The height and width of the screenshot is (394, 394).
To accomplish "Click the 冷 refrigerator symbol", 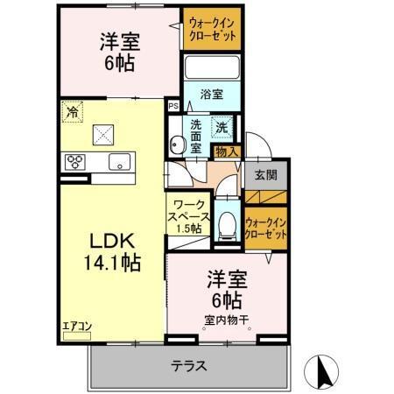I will click(73, 112).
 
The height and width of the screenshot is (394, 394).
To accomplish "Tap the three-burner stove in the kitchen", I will click(75, 161).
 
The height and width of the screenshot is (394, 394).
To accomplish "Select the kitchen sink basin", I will click(119, 161).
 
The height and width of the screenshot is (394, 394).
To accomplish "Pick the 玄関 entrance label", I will click(265, 174).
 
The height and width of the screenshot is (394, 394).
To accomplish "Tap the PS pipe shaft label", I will click(173, 105).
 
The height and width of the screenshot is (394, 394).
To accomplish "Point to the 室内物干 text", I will click(226, 319).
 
